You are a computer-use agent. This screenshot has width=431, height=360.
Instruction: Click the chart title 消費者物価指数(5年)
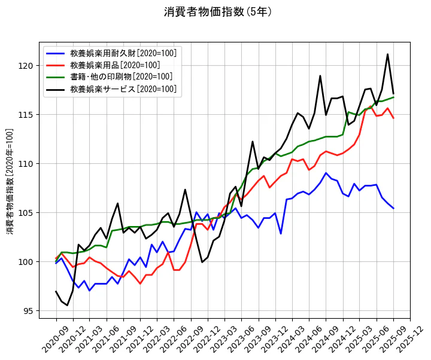click(218, 12)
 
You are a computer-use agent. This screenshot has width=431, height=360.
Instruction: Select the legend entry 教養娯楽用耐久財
click(123, 53)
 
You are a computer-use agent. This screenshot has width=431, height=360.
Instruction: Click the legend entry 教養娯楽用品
click(115, 65)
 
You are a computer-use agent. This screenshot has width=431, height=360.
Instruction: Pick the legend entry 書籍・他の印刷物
click(122, 77)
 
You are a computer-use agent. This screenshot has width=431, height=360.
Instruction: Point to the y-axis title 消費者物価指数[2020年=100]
click(10, 180)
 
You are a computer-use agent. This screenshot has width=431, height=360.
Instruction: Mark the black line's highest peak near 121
click(387, 54)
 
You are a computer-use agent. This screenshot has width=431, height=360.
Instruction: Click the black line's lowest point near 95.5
click(67, 305)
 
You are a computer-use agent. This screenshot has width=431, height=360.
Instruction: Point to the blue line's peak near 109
click(326, 173)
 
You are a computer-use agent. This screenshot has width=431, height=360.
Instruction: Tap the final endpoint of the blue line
click(393, 209)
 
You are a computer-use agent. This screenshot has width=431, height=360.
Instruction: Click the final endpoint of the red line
click(393, 118)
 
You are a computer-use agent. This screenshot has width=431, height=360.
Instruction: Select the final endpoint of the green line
click(393, 97)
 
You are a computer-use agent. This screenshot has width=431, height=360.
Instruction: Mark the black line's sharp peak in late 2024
click(320, 76)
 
